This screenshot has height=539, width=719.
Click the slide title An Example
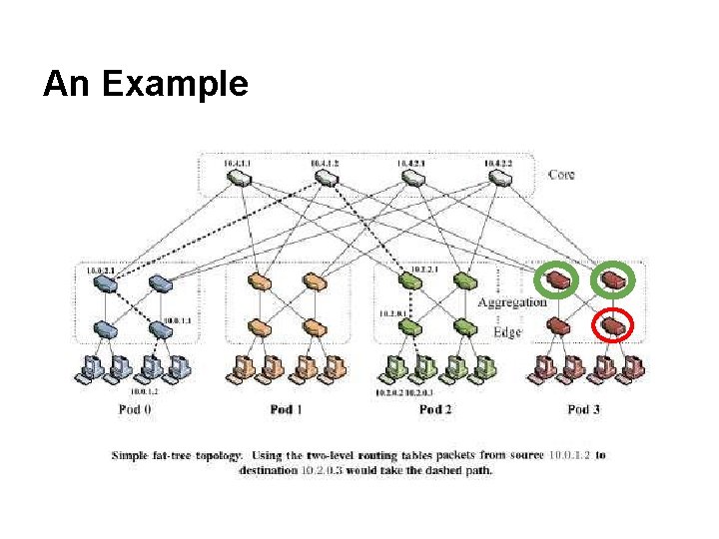click(145, 84)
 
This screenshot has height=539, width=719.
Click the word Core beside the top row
click(562, 175)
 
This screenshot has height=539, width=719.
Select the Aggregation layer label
click(512, 302)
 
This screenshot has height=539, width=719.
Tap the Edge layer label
click(506, 331)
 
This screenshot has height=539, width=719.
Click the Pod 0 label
click(134, 409)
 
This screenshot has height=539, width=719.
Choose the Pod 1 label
click(286, 409)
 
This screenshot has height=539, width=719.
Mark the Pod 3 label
click(585, 409)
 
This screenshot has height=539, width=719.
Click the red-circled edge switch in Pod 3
click(612, 324)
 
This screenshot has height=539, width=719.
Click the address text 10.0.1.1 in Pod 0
click(178, 320)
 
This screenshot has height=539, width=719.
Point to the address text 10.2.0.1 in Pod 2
click(391, 313)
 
